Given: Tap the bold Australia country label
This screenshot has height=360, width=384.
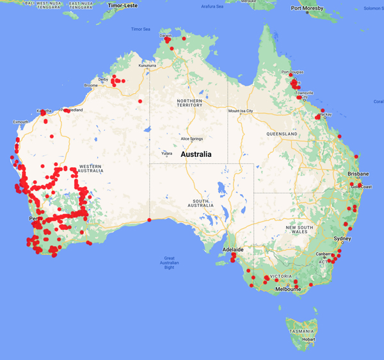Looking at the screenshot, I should point(201,154).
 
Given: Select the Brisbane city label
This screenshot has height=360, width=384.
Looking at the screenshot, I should point(358,174).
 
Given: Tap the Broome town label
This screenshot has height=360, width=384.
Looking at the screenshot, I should point(91,85).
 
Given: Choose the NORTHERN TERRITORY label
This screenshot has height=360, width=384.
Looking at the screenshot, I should point(190,102).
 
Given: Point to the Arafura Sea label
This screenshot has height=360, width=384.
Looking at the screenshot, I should point(211,6).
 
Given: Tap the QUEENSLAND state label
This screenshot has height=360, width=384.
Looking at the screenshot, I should point(282,135).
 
